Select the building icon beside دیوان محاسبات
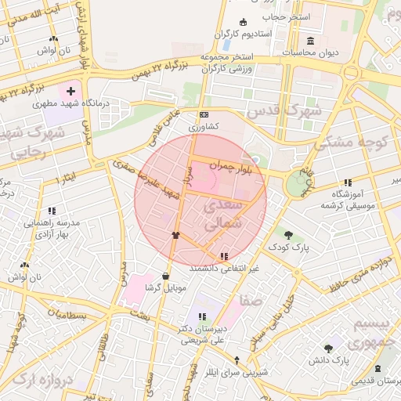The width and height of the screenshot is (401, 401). pos(311,41)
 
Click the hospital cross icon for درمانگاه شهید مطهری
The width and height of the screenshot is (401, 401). pos(71,92)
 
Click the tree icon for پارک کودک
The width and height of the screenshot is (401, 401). pos(289,235)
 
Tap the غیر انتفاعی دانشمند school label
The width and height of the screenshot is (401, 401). pos(224,268)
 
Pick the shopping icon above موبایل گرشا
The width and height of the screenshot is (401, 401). pos(165,276)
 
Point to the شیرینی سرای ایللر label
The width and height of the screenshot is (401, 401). pos(237,372)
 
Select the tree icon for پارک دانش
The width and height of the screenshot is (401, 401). pos(328,348)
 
